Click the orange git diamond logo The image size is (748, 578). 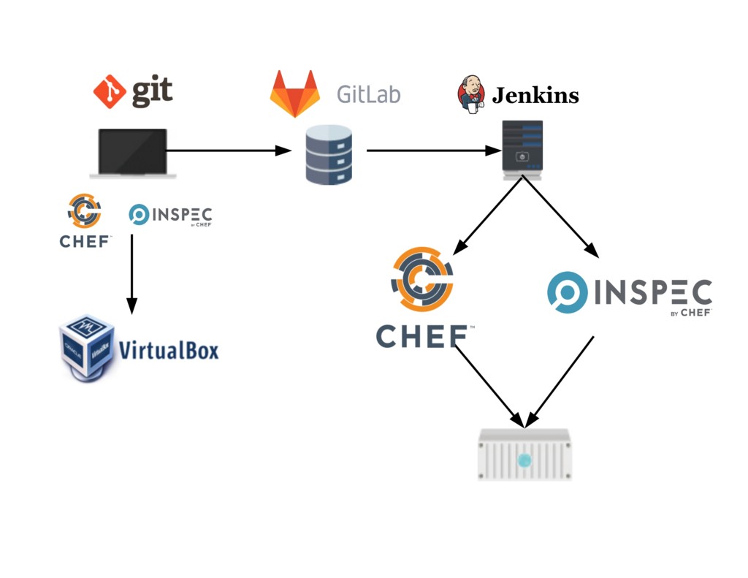[110, 91]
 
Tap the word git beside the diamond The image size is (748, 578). [152, 91]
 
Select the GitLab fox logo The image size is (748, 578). [294, 94]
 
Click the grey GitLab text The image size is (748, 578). [368, 94]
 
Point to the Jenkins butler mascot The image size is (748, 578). [471, 94]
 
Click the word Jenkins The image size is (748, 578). [535, 96]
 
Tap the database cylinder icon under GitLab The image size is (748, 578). [329, 154]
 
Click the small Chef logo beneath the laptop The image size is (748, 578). [85, 220]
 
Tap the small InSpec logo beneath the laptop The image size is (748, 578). [170, 215]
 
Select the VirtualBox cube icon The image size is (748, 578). [86, 348]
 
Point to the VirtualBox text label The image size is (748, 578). [169, 350]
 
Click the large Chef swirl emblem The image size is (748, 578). [422, 281]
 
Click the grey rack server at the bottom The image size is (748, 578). [524, 455]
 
